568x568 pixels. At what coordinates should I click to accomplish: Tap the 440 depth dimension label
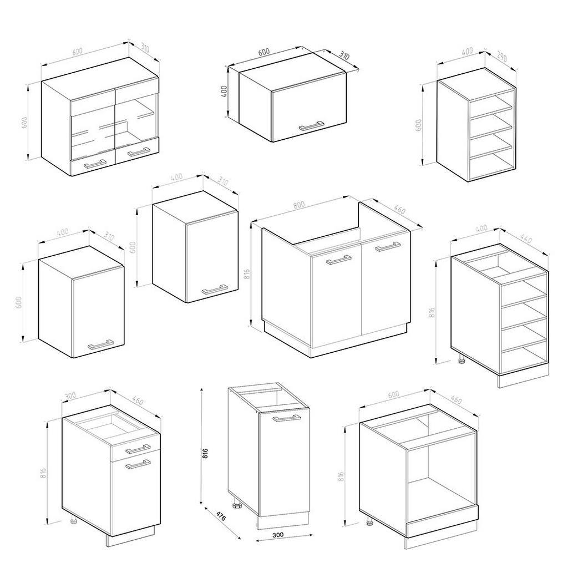pos(525,240)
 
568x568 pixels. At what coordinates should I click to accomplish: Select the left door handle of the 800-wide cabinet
pos(338,260)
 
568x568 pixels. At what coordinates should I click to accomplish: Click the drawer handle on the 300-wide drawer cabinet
pos(138,448)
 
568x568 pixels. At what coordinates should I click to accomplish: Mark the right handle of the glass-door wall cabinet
pos(138,150)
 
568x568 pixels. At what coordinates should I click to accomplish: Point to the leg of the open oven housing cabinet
pos(369,522)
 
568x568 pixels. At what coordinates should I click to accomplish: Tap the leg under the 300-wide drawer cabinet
pos(73,521)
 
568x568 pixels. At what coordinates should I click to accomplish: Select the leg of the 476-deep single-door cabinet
pos(237,506)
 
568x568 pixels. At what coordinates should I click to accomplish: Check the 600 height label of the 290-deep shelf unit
pos(419,125)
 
